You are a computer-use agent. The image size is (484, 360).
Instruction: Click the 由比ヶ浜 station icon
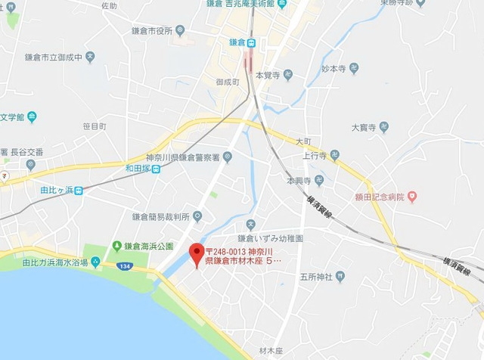click(79, 191)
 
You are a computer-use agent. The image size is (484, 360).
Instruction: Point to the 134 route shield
click(123, 265)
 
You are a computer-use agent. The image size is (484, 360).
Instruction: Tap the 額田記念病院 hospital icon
click(412, 198)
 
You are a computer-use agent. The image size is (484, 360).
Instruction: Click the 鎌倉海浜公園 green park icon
click(116, 246)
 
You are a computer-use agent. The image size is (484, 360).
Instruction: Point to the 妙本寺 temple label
click(332, 68)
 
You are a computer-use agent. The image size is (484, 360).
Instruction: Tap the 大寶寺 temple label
click(364, 127)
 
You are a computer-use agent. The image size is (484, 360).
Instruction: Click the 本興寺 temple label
click(298, 182)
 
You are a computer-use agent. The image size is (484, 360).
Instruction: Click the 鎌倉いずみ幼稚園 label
click(275, 237)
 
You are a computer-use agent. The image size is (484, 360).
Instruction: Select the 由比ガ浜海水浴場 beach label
click(55, 262)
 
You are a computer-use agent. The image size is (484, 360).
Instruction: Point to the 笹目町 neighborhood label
click(95, 126)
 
